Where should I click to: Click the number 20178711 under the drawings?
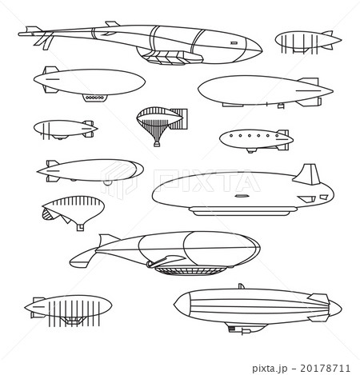(x=329, y=369)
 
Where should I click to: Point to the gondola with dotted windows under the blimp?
(x=95, y=98)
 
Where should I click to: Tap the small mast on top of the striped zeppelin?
(x=241, y=286)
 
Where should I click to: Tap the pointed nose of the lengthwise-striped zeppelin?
(x=175, y=302)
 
